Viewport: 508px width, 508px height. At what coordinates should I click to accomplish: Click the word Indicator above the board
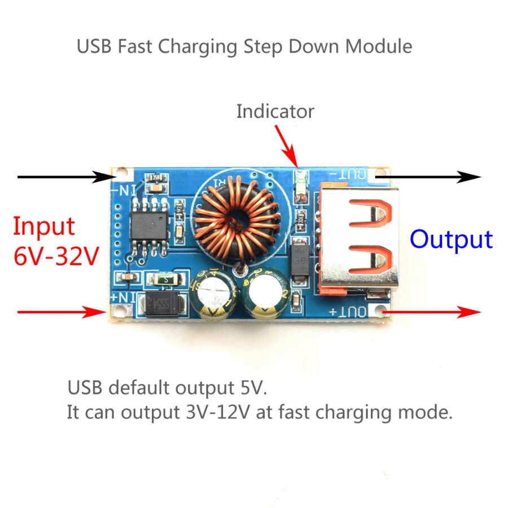coord(275,111)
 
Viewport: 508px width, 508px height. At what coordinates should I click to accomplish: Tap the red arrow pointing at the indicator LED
coord(286,143)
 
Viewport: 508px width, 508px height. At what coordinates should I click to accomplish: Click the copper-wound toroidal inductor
coord(237,220)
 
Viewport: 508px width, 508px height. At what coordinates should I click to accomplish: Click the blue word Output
coord(451,239)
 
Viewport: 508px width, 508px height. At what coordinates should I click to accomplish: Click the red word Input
coord(43,226)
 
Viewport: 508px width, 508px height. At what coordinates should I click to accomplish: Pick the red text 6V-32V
coord(56,257)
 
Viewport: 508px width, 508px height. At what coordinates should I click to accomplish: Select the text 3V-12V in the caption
coord(218,413)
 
